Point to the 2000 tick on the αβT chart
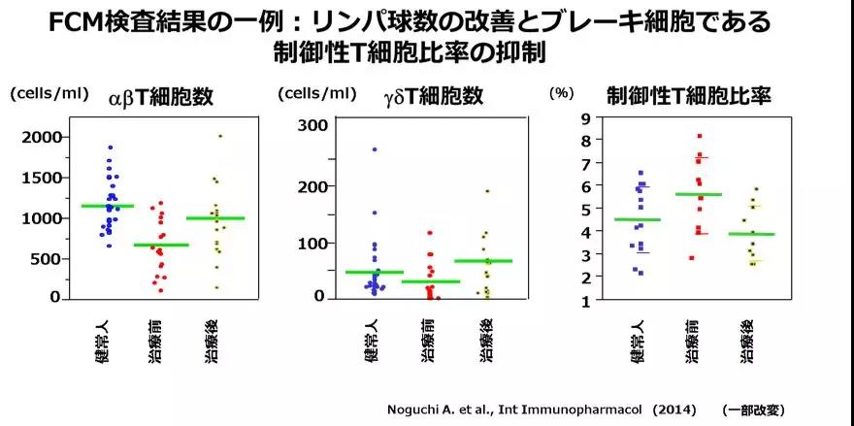click(42, 137)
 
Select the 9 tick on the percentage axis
click(584, 119)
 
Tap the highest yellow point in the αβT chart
click(220, 136)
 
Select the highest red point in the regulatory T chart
click(699, 136)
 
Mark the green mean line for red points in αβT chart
click(161, 245)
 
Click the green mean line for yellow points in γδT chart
click(482, 261)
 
